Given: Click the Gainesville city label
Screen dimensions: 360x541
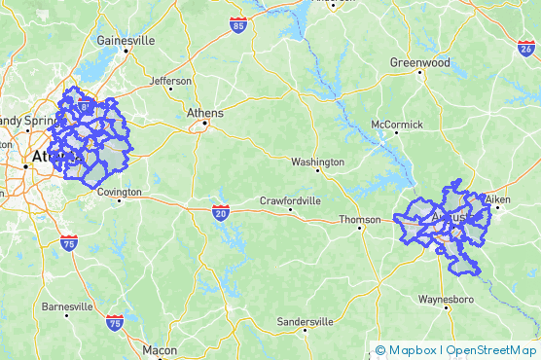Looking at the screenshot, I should point(126,41).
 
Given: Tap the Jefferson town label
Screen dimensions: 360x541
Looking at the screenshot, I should point(171,81).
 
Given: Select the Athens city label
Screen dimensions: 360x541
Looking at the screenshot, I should point(205,113).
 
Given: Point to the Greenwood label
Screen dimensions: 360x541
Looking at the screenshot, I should point(420,61).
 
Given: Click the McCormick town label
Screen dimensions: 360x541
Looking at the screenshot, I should point(397,125).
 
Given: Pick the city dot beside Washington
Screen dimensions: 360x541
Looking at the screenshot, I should point(318,171).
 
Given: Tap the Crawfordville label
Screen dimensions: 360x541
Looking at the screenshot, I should point(290,201).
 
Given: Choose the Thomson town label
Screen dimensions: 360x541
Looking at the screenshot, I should point(360,220).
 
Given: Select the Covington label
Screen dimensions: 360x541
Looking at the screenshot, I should point(120,193).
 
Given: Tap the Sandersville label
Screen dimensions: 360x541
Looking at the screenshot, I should point(306,321).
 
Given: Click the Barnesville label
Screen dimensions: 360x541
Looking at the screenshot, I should point(67,306).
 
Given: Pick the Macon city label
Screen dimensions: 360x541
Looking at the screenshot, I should point(160,349).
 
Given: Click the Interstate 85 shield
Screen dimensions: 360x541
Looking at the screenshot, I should point(238,21).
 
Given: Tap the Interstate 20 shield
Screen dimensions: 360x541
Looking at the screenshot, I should point(221,210).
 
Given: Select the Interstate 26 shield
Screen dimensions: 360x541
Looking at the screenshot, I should point(525,46).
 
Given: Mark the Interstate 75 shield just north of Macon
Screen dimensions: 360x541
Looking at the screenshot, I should point(115,321).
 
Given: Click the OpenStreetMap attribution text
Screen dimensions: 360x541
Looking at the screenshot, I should point(491,350).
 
